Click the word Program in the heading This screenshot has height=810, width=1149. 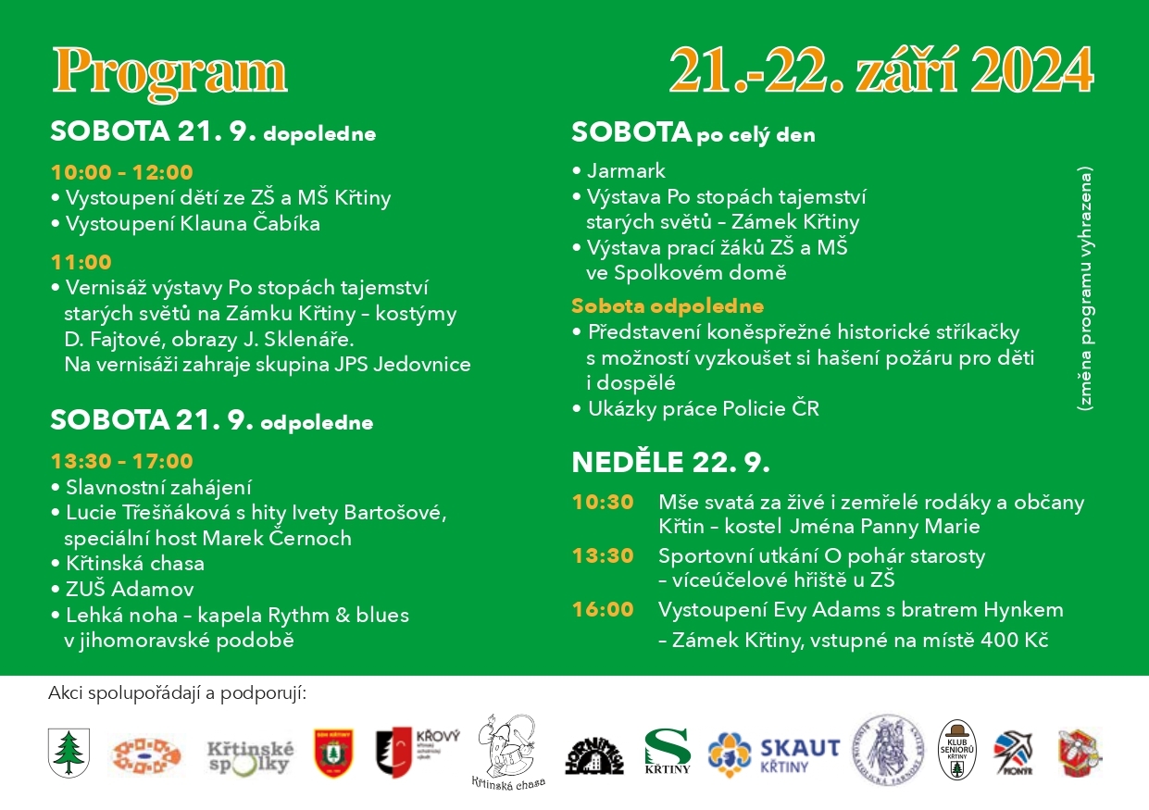click(169, 71)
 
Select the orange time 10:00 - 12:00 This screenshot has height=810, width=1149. click(121, 172)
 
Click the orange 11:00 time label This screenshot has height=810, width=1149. click(81, 262)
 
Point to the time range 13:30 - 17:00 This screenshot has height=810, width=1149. click(121, 461)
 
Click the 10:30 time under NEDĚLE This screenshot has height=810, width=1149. click(603, 503)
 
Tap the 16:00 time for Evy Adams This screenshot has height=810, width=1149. click(603, 610)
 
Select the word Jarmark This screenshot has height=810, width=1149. click(626, 171)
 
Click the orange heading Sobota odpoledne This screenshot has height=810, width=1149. click(668, 306)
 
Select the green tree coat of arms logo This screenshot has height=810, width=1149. click(68, 752)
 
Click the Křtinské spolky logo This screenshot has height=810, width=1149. click(250, 755)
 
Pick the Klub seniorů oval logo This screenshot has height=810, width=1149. click(958, 752)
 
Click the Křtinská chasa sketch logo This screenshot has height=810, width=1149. click(507, 752)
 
